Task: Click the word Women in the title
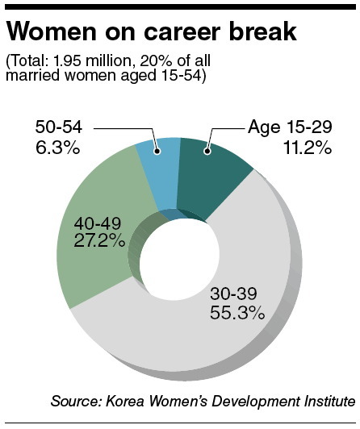(x=52, y=31)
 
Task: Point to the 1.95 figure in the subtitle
(x=67, y=61)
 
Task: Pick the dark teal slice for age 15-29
(x=211, y=175)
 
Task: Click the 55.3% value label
(x=237, y=312)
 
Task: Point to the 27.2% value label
(x=99, y=242)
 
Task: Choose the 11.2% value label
(x=308, y=148)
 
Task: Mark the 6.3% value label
(x=57, y=148)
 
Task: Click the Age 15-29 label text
(x=290, y=127)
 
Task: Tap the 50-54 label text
(x=59, y=127)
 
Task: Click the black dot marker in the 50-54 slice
(x=157, y=151)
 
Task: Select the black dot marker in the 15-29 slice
(x=207, y=151)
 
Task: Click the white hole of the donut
(x=179, y=259)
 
